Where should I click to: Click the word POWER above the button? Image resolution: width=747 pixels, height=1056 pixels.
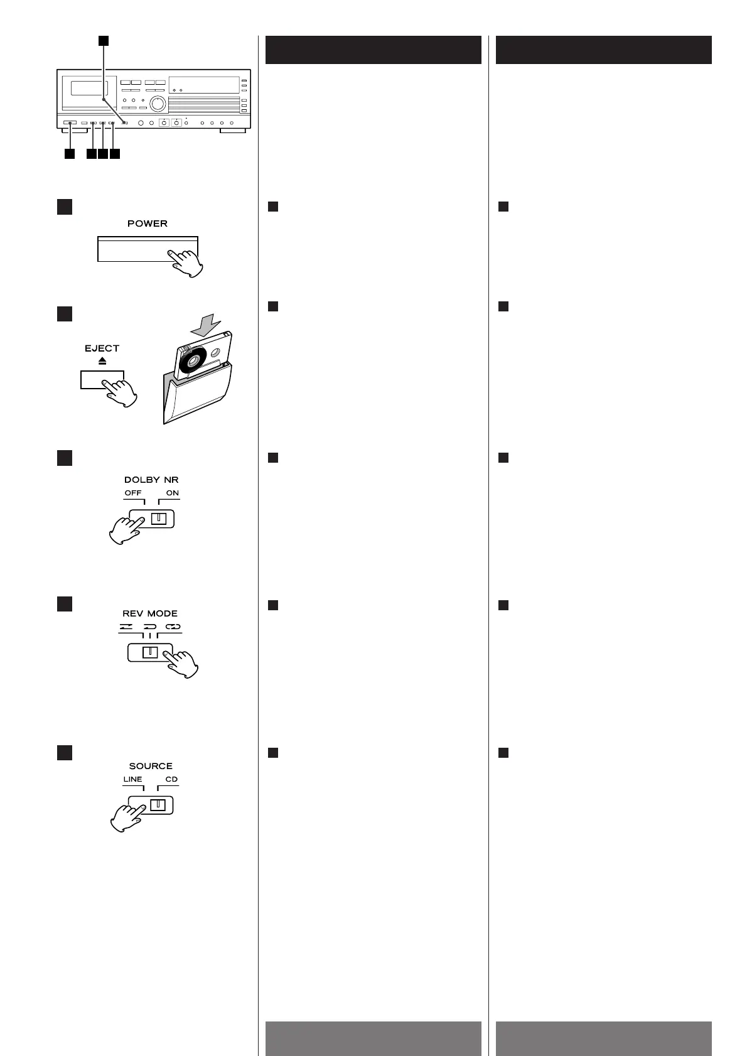point(148,224)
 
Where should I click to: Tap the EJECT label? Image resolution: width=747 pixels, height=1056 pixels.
point(102,348)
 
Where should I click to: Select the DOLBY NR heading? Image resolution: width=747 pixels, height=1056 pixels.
point(151,480)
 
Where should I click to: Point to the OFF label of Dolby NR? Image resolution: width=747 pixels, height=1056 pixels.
point(133,493)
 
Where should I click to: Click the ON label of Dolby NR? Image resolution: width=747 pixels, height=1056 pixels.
point(173,493)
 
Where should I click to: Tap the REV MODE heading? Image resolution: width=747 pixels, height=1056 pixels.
point(150,613)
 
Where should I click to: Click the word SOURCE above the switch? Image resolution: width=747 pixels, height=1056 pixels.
point(151,766)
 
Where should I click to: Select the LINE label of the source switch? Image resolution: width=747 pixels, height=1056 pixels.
point(132,779)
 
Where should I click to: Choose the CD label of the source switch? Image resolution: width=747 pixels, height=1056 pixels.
point(171,779)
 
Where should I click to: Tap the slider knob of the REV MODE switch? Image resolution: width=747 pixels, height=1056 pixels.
point(149,652)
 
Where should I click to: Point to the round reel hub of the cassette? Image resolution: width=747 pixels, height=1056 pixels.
point(191,361)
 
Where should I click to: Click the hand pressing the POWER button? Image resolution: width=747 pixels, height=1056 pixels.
point(186,262)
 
